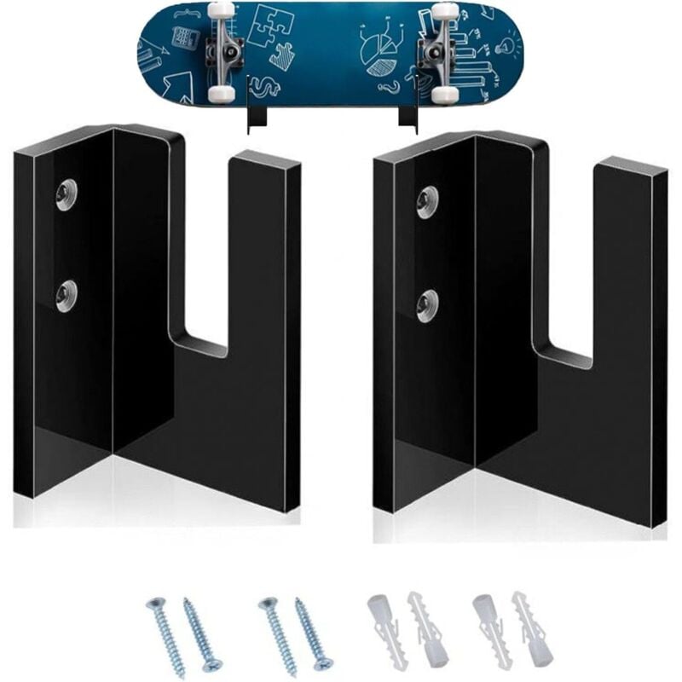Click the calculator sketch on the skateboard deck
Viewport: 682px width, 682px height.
tap(182, 37)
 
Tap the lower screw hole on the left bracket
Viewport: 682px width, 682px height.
tap(66, 295)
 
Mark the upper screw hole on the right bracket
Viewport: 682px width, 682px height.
tap(427, 200)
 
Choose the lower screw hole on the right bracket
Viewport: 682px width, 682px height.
tap(427, 303)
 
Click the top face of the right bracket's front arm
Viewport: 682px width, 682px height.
tap(632, 165)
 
